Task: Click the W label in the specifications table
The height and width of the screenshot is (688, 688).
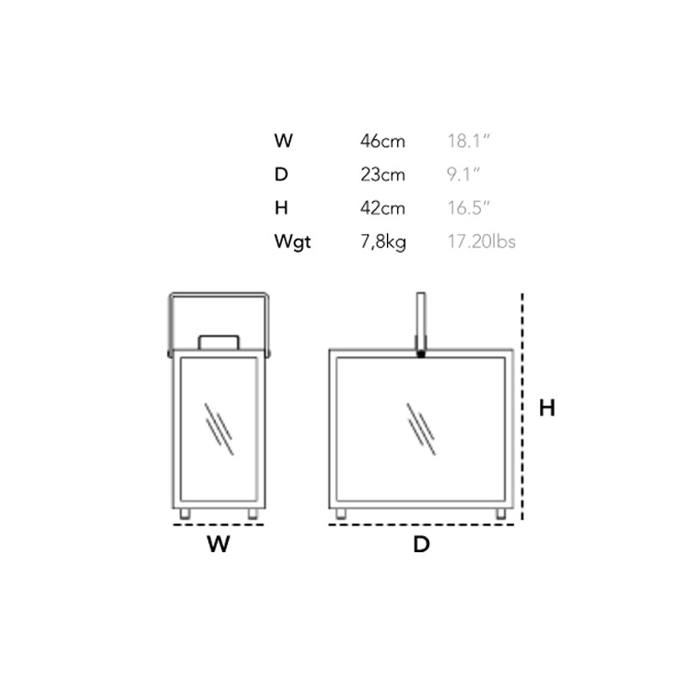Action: tap(284, 141)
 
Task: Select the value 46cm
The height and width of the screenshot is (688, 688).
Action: tap(383, 141)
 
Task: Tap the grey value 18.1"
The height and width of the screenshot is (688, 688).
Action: tap(468, 141)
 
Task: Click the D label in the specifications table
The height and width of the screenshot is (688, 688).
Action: tap(281, 175)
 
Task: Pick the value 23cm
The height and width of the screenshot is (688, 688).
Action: tap(383, 175)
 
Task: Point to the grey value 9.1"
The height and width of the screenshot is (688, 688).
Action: tap(464, 175)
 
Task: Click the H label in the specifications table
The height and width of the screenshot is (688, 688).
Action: tap(281, 207)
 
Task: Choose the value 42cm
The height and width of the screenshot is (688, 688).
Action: tap(383, 208)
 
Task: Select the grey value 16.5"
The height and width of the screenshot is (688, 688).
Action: tap(468, 208)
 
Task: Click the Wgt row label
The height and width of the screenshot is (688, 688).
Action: tap(292, 243)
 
